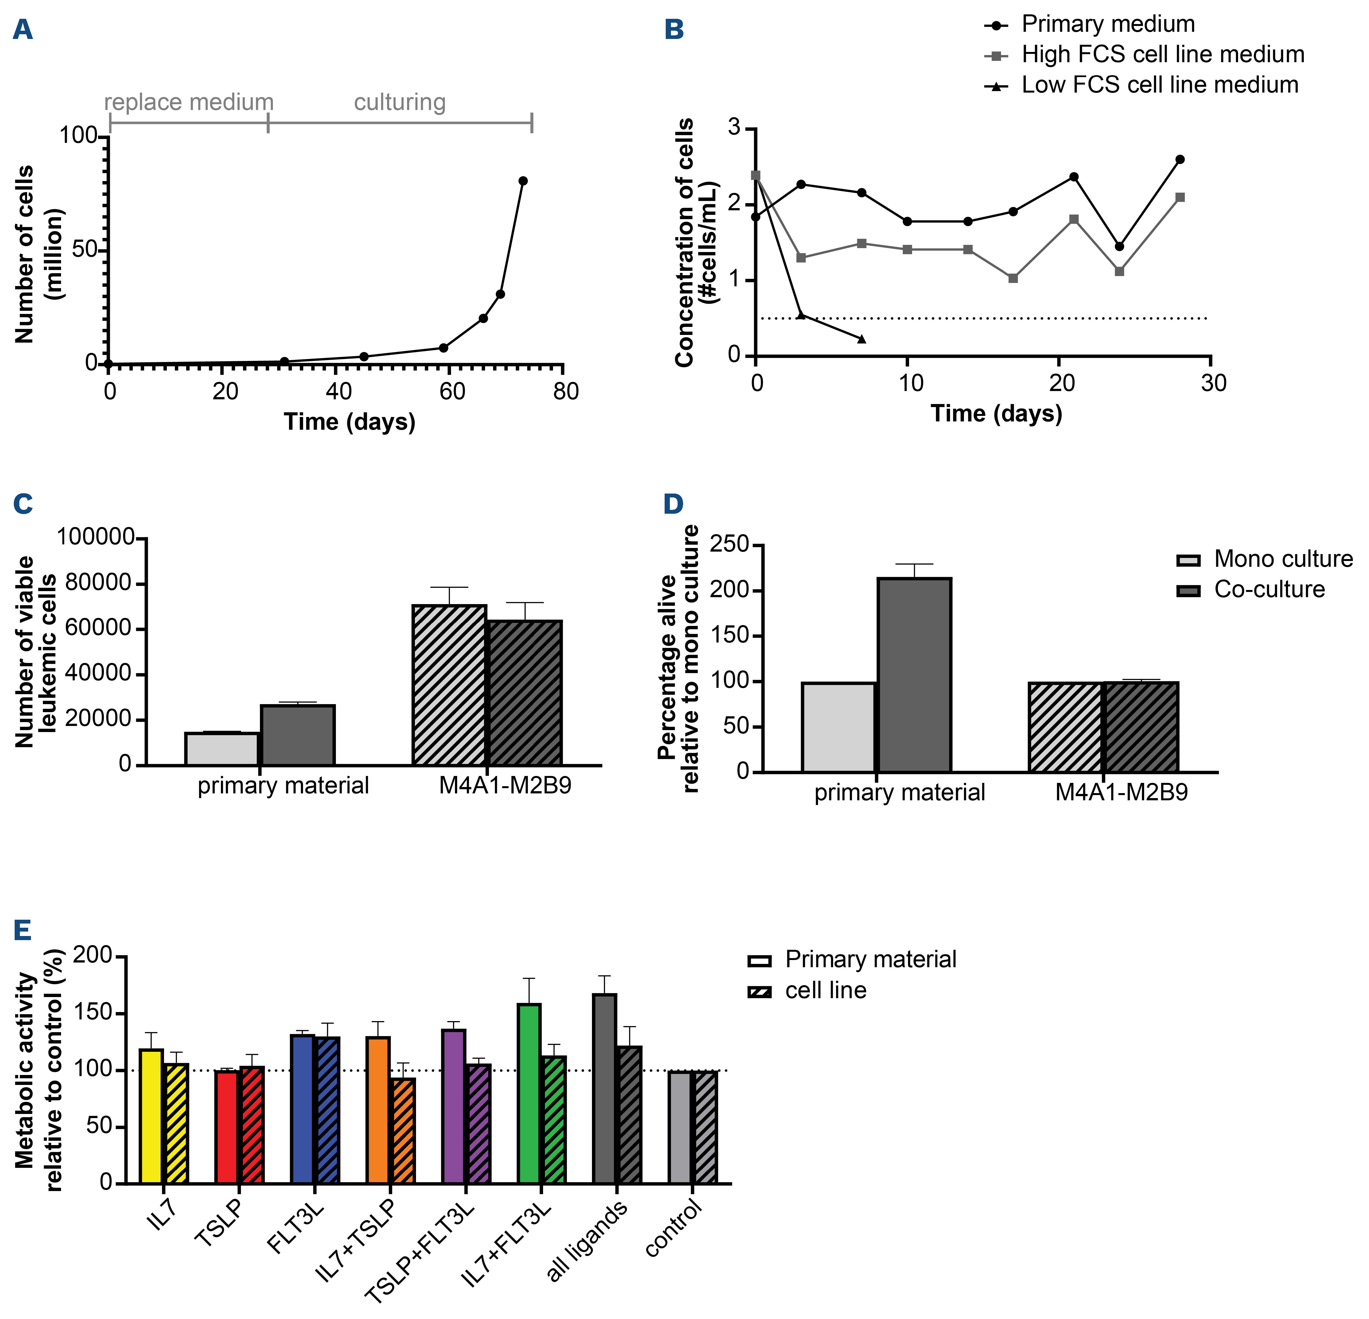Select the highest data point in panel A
[522, 181]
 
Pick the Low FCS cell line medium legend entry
[1159, 85]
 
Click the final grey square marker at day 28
[1180, 197]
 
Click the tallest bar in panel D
[914, 674]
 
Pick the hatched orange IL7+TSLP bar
[403, 1130]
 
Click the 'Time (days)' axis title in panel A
[349, 422]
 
